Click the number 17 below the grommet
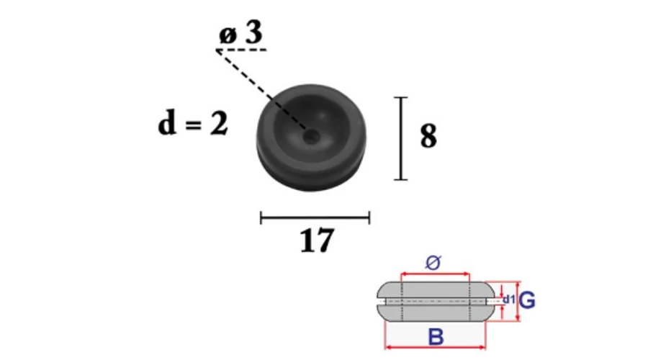tap(317, 240)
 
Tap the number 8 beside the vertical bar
tap(428, 136)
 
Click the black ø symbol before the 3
tap(228, 35)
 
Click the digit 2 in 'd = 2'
tap(219, 124)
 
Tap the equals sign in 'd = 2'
tap(194, 125)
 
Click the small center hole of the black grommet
tap(311, 136)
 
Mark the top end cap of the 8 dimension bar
tap(400, 98)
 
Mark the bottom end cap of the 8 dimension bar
tap(400, 179)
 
